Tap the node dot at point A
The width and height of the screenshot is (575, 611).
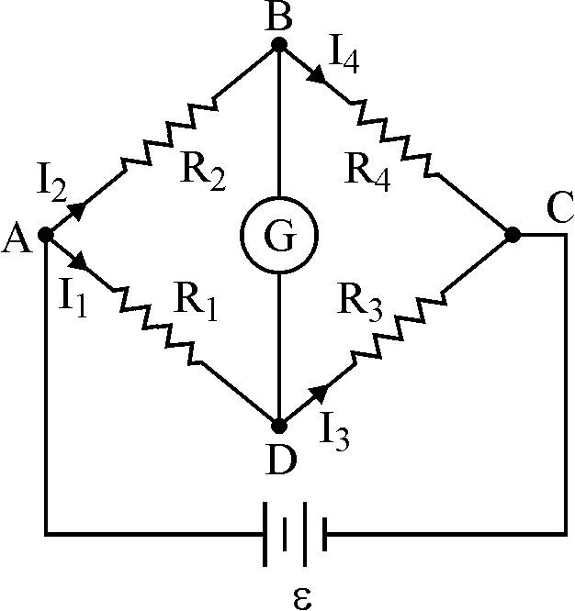point(47,236)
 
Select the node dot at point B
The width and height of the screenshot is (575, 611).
point(278,43)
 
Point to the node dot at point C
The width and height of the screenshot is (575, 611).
point(513,236)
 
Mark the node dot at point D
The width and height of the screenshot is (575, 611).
point(278,427)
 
